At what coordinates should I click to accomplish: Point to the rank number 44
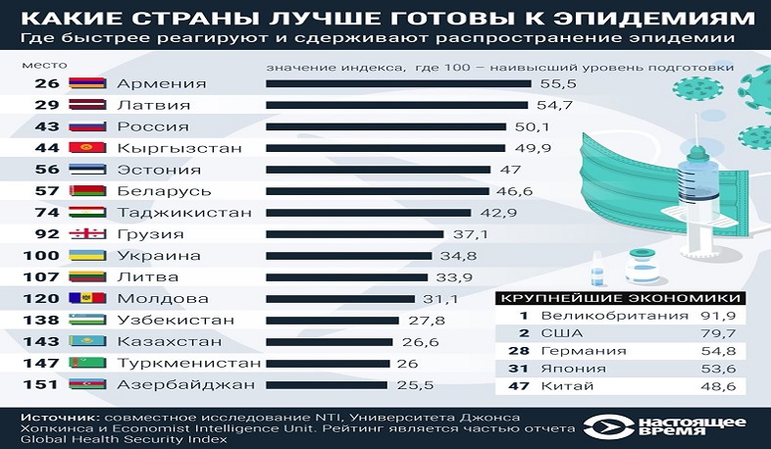[46, 148]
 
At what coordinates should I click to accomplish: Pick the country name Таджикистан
[183, 212]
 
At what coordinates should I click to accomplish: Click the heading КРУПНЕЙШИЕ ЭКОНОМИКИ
[619, 296]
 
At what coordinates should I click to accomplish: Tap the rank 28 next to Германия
[523, 351]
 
